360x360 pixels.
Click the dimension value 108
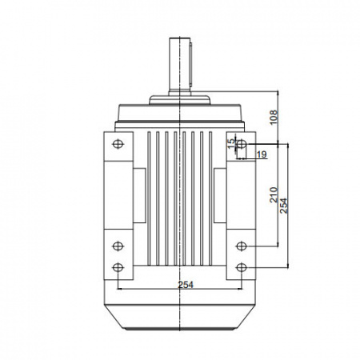[274, 117]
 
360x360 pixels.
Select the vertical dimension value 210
[274, 194]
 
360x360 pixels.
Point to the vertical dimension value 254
[284, 206]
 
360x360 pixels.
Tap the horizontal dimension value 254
[186, 285]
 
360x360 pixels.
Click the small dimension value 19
[262, 154]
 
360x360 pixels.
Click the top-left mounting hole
[118, 144]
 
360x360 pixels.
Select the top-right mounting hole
[242, 144]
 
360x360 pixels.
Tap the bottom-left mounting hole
[118, 267]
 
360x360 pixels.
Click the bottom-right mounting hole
[242, 267]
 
